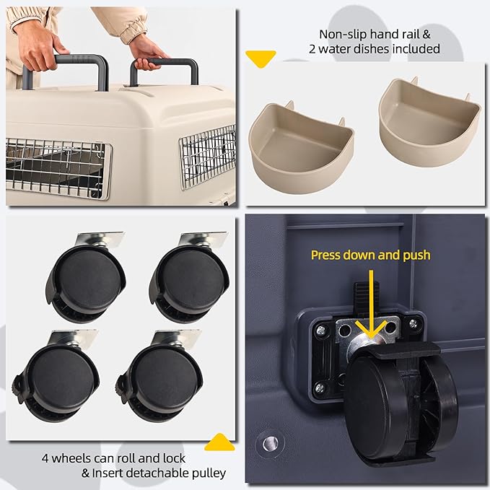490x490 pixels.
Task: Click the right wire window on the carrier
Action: click(x=208, y=156)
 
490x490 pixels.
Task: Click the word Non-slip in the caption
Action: click(x=338, y=33)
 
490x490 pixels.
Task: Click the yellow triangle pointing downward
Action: click(x=261, y=58)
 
